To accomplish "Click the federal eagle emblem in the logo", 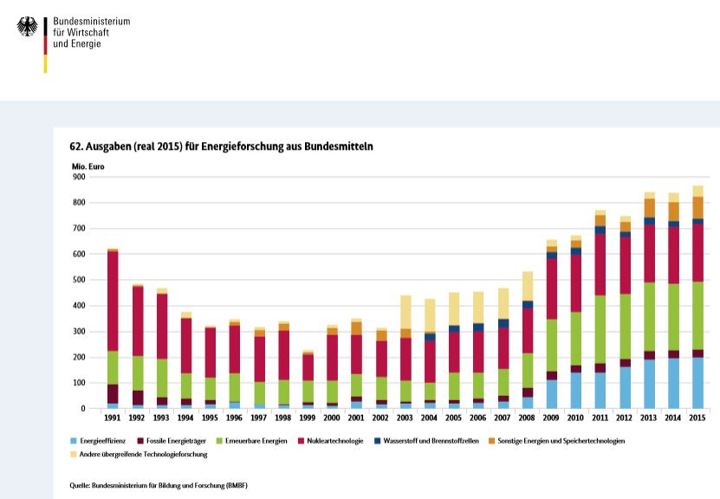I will pyautogui.click(x=27, y=27).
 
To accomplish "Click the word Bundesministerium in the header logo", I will pyautogui.click(x=91, y=21).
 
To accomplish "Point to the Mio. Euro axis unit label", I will pyautogui.click(x=87, y=165).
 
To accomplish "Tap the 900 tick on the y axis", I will pyautogui.click(x=79, y=177).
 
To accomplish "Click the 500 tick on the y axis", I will pyautogui.click(x=79, y=280).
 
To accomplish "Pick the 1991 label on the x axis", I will pyautogui.click(x=113, y=418).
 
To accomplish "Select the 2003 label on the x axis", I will pyautogui.click(x=405, y=418).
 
